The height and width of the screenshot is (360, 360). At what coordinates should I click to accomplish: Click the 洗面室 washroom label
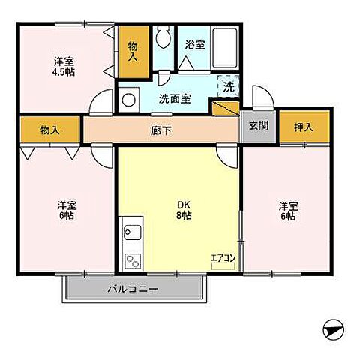pyautogui.click(x=174, y=97)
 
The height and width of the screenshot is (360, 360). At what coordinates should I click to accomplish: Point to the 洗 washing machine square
pyautogui.click(x=228, y=86)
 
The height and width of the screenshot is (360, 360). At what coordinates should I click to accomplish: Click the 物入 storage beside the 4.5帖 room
pyautogui.click(x=133, y=51)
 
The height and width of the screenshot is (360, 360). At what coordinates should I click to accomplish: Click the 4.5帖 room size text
pyautogui.click(x=64, y=72)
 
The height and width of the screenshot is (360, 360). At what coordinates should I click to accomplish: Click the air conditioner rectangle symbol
pyautogui.click(x=223, y=265)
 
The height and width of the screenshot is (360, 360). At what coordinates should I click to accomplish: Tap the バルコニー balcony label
pyautogui.click(x=131, y=288)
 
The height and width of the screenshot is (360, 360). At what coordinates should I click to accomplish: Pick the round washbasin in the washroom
pyautogui.click(x=129, y=98)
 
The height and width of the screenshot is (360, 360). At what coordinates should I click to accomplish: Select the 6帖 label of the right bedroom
pyautogui.click(x=288, y=216)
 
